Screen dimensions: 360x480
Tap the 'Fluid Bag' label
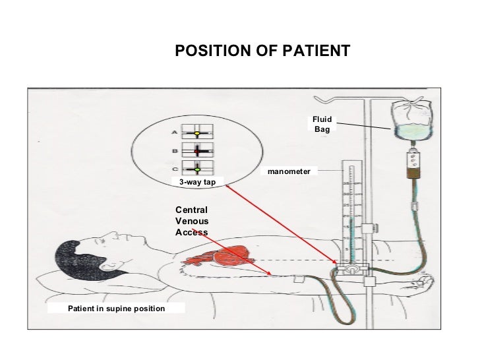point(321,124)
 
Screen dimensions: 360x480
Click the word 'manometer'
point(289,171)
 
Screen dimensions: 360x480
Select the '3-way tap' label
point(198,181)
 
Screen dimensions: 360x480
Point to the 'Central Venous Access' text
point(191,221)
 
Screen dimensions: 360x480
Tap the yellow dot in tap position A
point(196,133)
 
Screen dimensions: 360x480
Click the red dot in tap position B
point(196,151)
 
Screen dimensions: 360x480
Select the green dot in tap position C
point(196,169)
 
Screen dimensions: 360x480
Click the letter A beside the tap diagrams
point(173,132)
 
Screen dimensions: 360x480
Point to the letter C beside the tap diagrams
point(173,167)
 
